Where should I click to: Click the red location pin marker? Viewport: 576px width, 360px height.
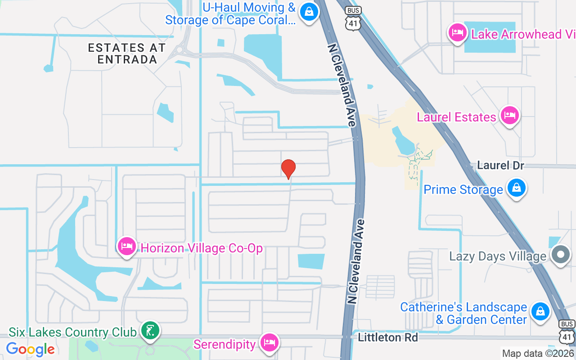pyautogui.click(x=288, y=169)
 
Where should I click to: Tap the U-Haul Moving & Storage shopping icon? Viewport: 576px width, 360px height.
pyautogui.click(x=309, y=12)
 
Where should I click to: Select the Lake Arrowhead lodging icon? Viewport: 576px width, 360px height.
pyautogui.click(x=458, y=33)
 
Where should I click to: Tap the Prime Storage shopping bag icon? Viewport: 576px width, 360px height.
pyautogui.click(x=517, y=188)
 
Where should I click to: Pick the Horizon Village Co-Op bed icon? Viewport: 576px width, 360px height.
pyautogui.click(x=127, y=246)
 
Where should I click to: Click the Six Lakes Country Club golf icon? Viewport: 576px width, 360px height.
pyautogui.click(x=150, y=331)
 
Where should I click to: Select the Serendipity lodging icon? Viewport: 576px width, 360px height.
pyautogui.click(x=270, y=342)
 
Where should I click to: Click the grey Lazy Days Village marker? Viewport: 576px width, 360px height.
pyautogui.click(x=561, y=254)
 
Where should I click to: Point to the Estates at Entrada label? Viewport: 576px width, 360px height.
pyautogui.click(x=127, y=54)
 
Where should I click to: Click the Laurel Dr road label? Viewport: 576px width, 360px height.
pyautogui.click(x=500, y=165)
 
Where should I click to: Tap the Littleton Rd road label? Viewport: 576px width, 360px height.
pyautogui.click(x=388, y=337)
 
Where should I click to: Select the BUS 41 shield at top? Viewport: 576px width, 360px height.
pyautogui.click(x=353, y=19)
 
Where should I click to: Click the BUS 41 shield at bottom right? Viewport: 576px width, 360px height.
pyautogui.click(x=567, y=331)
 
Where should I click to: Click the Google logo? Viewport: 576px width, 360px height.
pyautogui.click(x=31, y=349)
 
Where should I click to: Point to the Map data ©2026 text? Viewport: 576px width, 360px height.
pyautogui.click(x=538, y=354)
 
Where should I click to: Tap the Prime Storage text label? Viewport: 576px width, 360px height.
pyautogui.click(x=463, y=189)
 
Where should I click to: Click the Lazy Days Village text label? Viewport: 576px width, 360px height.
pyautogui.click(x=498, y=256)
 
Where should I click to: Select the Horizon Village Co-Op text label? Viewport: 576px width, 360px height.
pyautogui.click(x=202, y=248)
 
